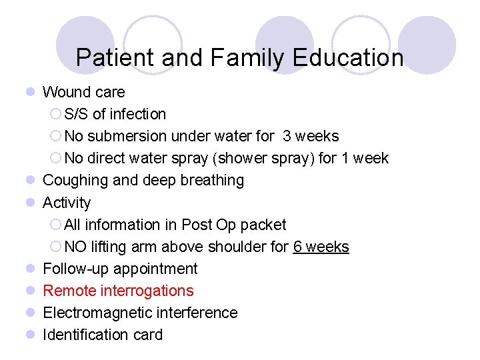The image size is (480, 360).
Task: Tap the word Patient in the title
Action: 116,58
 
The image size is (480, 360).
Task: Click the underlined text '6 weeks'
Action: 321,247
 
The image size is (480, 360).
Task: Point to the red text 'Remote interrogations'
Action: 118,291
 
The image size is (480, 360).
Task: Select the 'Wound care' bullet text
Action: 83,92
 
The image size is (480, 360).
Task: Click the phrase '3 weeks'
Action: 311,136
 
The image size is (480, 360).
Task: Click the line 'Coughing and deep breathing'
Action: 143,180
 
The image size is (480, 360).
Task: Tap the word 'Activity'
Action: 67,202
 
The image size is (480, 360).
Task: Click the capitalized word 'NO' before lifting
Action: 75,247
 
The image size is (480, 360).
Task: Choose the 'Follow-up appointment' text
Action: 120,269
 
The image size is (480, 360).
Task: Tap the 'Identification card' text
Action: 102,335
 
